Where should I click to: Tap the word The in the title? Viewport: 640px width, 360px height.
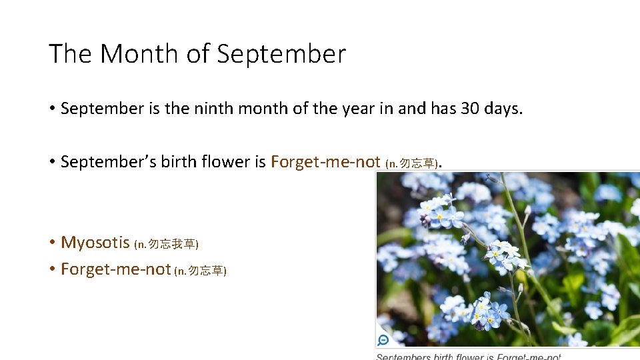click(69, 54)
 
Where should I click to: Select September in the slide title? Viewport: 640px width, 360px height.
click(281, 54)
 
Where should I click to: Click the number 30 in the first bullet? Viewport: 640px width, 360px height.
click(469, 109)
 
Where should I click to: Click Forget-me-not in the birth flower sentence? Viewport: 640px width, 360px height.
click(325, 162)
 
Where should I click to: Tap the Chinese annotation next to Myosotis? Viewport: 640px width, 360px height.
click(167, 244)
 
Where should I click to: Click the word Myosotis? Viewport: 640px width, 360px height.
click(95, 243)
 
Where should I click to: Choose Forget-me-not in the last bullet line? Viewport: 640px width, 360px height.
click(116, 269)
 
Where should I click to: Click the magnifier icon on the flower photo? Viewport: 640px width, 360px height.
click(383, 340)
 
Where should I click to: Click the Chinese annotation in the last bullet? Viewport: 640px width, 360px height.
click(201, 271)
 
